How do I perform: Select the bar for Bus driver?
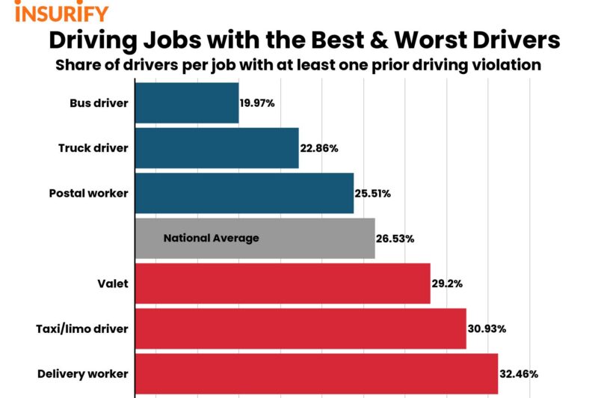coord(187,102)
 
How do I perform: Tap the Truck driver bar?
coord(217,147)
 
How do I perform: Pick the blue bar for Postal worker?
coord(244,193)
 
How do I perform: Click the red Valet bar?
coord(283,284)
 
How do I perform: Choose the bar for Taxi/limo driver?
coord(300,328)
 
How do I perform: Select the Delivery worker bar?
coord(316,373)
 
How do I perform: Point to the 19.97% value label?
coord(258,102)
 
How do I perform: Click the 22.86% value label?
coord(319,148)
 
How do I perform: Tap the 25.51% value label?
coord(373,193)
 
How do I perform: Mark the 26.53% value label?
coord(395,239)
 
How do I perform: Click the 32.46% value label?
coord(519,373)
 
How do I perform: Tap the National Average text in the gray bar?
coord(211,239)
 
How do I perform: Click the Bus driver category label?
coord(99,102)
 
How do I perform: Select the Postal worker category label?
coord(89,193)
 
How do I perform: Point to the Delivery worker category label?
coord(83,373)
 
